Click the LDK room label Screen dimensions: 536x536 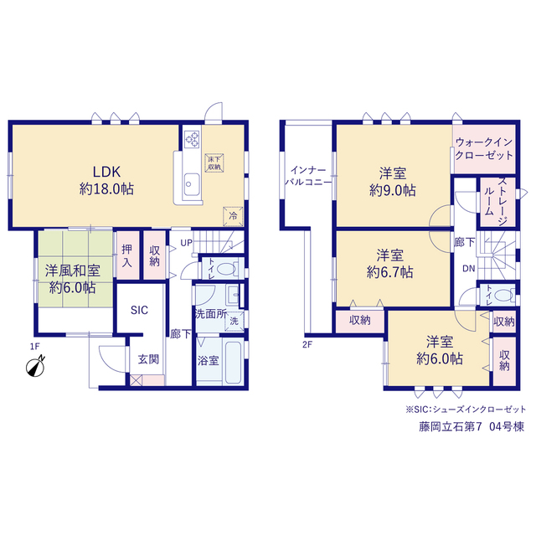click(x=107, y=172)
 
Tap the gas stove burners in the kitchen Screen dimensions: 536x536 click(x=192, y=140)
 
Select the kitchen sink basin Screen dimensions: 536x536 click(x=192, y=184)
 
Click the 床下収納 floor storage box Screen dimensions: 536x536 click(x=214, y=162)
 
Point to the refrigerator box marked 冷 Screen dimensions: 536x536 click(x=233, y=216)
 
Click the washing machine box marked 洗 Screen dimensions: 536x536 click(x=234, y=321)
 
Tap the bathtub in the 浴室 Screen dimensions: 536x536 click(x=234, y=361)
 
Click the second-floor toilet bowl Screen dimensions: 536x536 click(x=504, y=295)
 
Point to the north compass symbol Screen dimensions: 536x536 click(x=35, y=367)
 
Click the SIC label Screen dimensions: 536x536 click(x=139, y=310)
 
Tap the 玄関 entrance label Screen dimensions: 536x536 click(x=148, y=359)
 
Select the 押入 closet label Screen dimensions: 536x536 click(x=126, y=255)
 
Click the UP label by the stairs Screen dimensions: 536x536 click(x=186, y=243)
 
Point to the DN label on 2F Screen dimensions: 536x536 click(x=469, y=269)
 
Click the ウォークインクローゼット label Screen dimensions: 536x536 click(x=484, y=149)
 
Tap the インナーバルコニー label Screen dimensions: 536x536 click(x=308, y=176)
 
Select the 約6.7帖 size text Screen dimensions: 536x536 click(x=389, y=272)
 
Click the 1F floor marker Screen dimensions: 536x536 click(x=35, y=346)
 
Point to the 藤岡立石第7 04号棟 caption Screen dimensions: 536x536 click(x=472, y=427)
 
